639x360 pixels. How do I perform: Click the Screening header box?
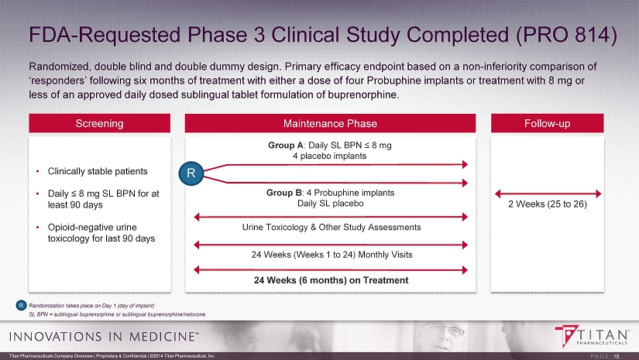[x=99, y=123]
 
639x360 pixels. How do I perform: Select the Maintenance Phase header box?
[x=330, y=123]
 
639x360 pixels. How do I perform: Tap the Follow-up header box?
[x=548, y=123]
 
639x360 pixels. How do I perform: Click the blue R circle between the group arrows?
[x=191, y=173]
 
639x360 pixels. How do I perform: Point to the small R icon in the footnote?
[x=21, y=306]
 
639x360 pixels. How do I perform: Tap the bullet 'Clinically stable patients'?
[x=98, y=171]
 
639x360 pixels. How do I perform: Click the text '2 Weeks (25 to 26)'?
[x=548, y=204]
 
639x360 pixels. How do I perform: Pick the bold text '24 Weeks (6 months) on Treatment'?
[x=331, y=280]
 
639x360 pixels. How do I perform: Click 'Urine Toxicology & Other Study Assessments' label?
[x=332, y=228]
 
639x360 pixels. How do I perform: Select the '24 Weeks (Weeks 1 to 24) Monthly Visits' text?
[x=332, y=255]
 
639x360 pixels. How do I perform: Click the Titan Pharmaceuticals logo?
[x=591, y=336]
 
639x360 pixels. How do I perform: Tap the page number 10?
[x=617, y=356]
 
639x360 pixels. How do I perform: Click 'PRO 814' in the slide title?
[x=566, y=35]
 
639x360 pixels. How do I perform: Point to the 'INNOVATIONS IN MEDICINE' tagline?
[x=104, y=336]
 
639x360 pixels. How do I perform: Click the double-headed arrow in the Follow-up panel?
[x=548, y=194]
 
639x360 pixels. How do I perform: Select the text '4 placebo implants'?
[x=330, y=156]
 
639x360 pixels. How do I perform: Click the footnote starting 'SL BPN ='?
[x=118, y=314]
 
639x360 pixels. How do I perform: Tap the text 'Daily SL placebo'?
[x=330, y=203]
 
